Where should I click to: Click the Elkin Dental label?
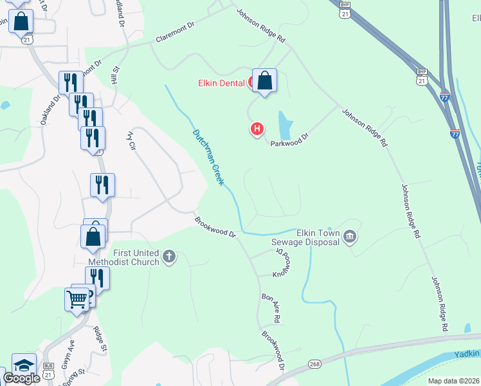pos(221,83)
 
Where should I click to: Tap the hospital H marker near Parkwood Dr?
pos(257,129)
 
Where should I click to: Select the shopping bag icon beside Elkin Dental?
pos(264,81)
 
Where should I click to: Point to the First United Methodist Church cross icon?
pos(168,257)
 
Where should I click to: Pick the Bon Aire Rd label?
pos(270,308)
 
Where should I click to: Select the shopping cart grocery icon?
pos(77,299)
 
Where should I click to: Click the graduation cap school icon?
pos(24,365)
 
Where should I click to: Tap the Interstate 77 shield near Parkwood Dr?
pos(455,134)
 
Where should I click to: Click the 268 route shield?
pos(313,364)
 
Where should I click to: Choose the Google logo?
pos(22,378)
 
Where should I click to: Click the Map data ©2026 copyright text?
pos(453,381)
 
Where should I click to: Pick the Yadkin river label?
pos(467,354)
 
